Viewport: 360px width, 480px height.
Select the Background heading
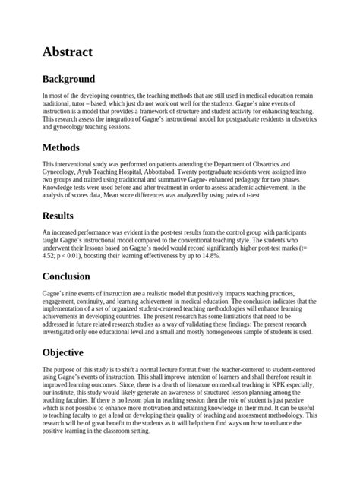click(x=68, y=79)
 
